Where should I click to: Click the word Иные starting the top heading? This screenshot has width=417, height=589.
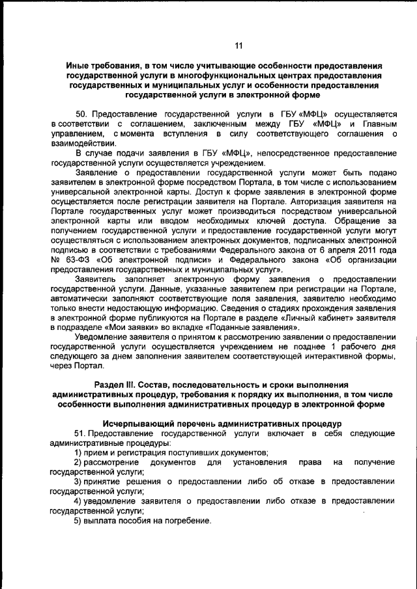(x=78, y=66)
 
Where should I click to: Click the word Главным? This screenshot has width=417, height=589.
(x=378, y=124)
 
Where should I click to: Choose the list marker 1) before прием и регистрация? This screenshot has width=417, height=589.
(x=78, y=452)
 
